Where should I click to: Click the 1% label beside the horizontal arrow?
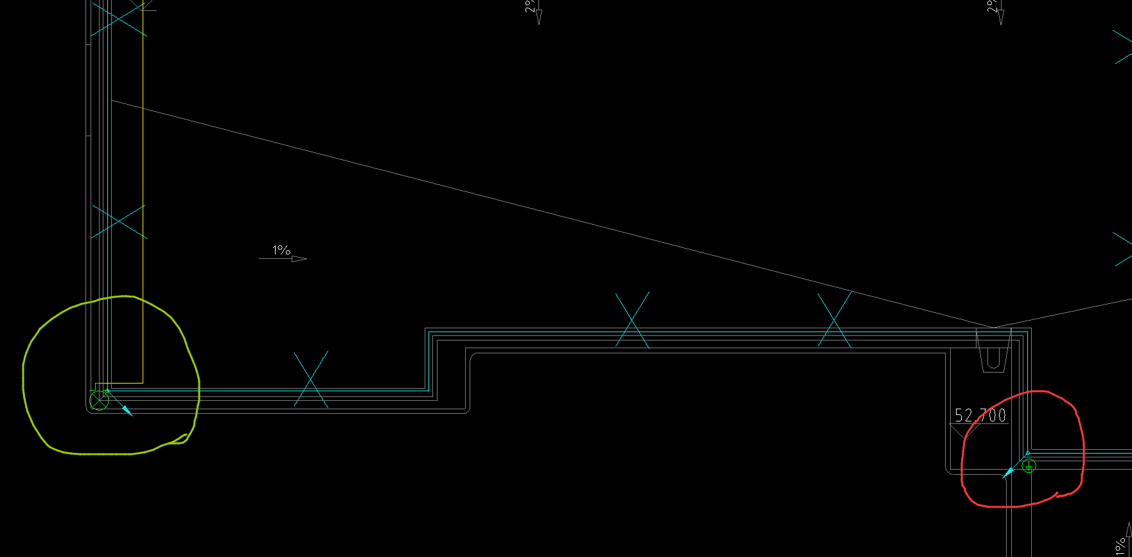click(281, 250)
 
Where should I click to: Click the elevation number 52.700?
click(980, 416)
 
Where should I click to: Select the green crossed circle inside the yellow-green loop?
click(98, 402)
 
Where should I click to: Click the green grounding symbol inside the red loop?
click(1029, 466)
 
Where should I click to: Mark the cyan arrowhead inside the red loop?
click(1007, 474)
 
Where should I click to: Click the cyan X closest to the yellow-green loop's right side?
click(311, 379)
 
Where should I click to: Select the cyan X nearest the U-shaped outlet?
click(835, 320)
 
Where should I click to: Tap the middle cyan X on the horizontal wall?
click(632, 320)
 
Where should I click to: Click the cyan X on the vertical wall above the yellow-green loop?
click(118, 222)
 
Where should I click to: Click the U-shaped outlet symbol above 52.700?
click(993, 353)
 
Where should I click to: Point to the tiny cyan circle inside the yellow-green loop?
click(107, 391)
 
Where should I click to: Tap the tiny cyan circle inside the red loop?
click(1027, 454)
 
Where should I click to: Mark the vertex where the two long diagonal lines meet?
click(993, 328)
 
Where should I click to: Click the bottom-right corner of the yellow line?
click(143, 383)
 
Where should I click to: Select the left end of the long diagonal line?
click(112, 100)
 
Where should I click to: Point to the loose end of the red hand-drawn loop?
click(1057, 493)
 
